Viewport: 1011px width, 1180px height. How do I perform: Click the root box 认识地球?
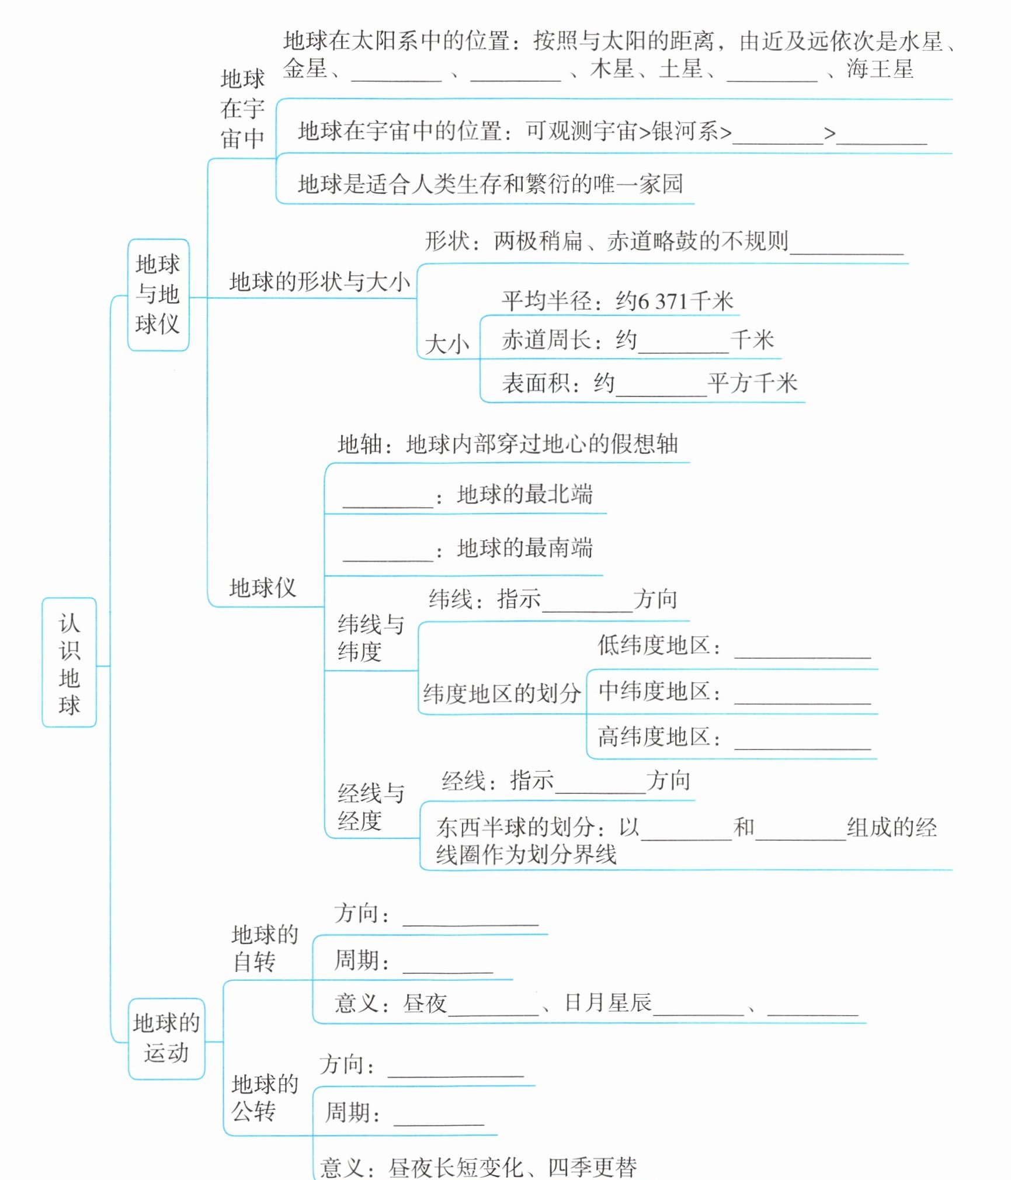pos(69,662)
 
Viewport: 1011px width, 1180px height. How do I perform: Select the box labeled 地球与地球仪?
pos(158,294)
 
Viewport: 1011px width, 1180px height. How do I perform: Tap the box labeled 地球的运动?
pos(166,1039)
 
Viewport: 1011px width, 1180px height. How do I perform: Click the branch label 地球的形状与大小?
pos(319,282)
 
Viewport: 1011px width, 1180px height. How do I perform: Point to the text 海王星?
pos(880,70)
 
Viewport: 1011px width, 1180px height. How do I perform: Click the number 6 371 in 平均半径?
pos(662,302)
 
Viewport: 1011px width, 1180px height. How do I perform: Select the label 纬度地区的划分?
pos(502,693)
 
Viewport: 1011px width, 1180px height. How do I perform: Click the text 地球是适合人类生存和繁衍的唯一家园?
pos(490,184)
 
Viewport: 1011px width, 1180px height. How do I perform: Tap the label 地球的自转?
pos(265,948)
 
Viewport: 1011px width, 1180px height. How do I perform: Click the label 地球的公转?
pos(265,1097)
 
